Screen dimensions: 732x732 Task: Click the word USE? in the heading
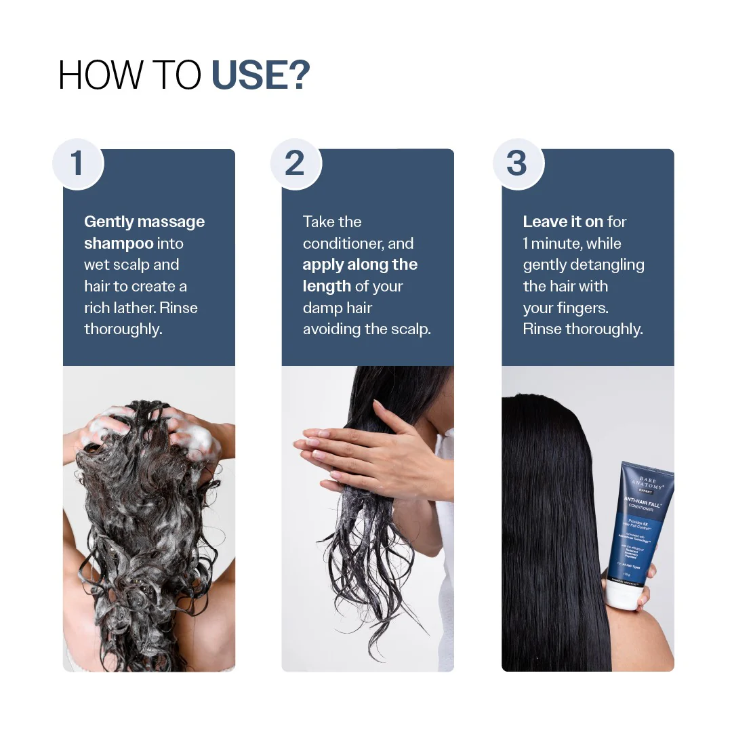pos(261,75)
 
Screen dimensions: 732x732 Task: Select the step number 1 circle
pos(77,164)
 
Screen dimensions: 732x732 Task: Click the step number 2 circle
pos(296,164)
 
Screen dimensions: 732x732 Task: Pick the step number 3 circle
pos(518,164)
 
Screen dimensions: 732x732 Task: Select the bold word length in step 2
pos(327,287)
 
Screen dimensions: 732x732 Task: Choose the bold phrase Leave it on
pos(563,222)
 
